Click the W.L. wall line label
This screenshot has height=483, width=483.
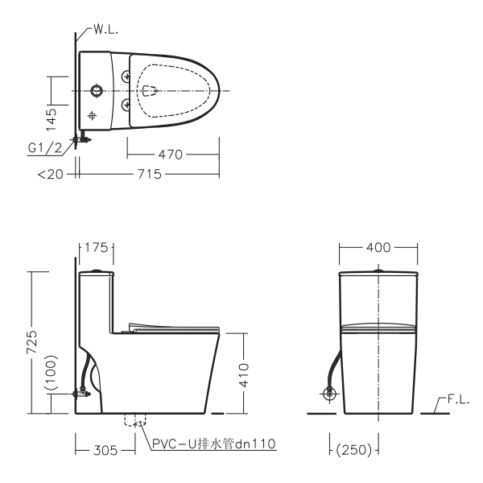click(x=105, y=30)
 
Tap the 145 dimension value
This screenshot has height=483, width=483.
click(x=52, y=119)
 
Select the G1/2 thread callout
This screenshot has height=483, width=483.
click(x=44, y=148)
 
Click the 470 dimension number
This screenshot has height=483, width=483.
click(x=171, y=155)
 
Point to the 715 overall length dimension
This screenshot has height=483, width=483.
click(x=150, y=174)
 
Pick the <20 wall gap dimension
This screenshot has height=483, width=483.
click(x=51, y=175)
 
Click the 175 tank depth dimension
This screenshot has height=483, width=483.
click(x=97, y=247)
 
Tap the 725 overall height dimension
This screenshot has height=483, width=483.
click(x=31, y=342)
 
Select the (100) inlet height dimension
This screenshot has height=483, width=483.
click(x=52, y=373)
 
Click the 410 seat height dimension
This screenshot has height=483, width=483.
click(x=244, y=375)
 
